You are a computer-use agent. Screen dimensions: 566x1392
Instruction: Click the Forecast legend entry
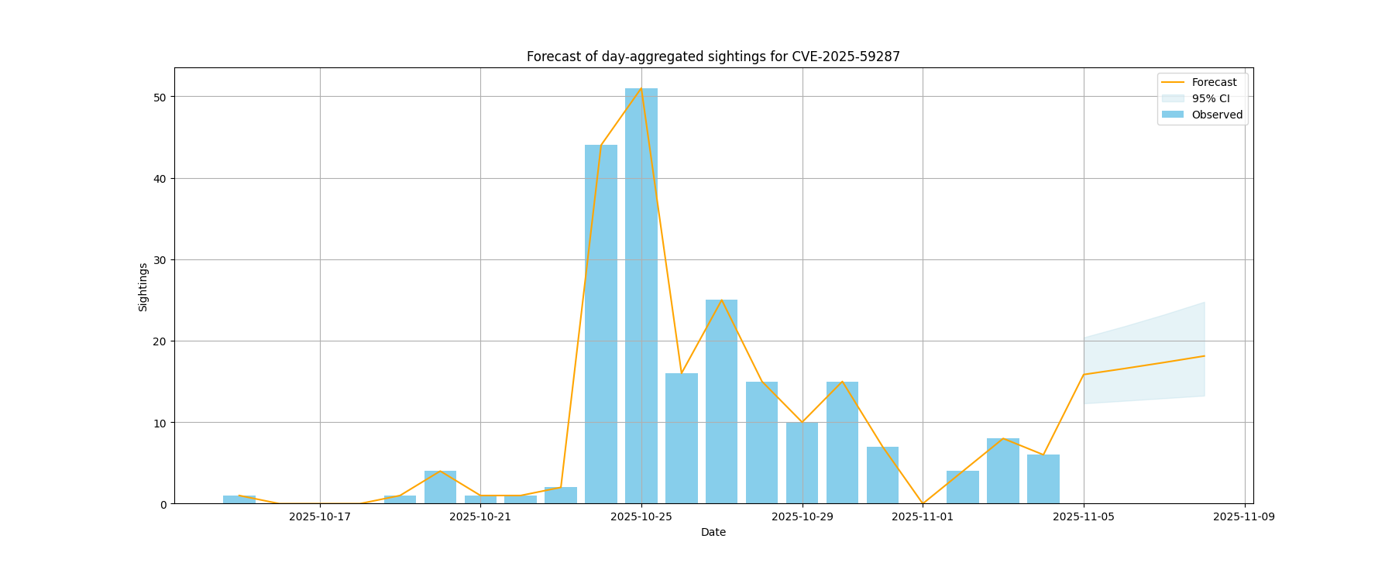pyautogui.click(x=1213, y=82)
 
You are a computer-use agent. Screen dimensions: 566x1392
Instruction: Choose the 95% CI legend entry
pyautogui.click(x=1210, y=98)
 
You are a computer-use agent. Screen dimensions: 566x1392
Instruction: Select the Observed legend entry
pyautogui.click(x=1216, y=115)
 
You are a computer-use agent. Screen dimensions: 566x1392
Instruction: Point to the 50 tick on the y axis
pyautogui.click(x=160, y=97)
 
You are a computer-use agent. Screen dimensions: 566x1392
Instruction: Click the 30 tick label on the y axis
pyautogui.click(x=160, y=259)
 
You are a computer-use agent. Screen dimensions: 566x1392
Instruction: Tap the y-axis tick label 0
pyautogui.click(x=163, y=504)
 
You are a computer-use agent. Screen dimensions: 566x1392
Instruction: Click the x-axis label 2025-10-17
pyautogui.click(x=320, y=516)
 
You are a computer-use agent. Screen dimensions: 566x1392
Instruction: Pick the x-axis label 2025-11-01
pyautogui.click(x=923, y=516)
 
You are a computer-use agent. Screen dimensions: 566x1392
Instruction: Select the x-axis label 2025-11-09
pyautogui.click(x=1244, y=516)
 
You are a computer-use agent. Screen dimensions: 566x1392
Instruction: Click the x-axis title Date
pyautogui.click(x=713, y=532)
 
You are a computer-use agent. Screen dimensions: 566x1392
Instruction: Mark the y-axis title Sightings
pyautogui.click(x=143, y=287)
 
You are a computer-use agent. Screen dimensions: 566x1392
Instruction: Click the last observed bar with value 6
pyautogui.click(x=1043, y=479)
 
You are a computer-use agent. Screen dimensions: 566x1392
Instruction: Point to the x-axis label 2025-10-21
pyautogui.click(x=480, y=516)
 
